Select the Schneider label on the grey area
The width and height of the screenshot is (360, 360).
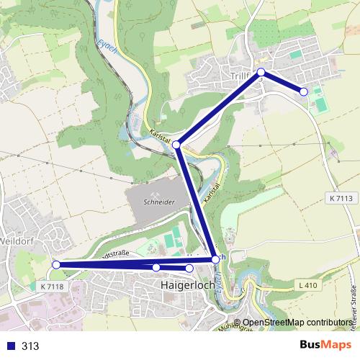pos(159,203)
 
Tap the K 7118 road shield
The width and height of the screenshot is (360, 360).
pos(52,287)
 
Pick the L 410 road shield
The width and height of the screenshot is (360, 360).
pos(306,287)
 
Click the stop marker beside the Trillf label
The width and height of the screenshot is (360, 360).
pos(261,72)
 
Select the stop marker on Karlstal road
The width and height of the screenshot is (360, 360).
pos(176,145)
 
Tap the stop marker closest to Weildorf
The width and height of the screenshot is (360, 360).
pos(56,265)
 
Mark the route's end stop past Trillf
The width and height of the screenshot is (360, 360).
pos(304,91)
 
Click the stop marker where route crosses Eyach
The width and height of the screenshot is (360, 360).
pos(215,259)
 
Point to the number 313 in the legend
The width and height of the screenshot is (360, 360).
pos(31,346)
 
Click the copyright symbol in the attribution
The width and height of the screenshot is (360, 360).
pos(238,323)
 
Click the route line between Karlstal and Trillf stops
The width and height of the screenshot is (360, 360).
pos(219,108)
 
